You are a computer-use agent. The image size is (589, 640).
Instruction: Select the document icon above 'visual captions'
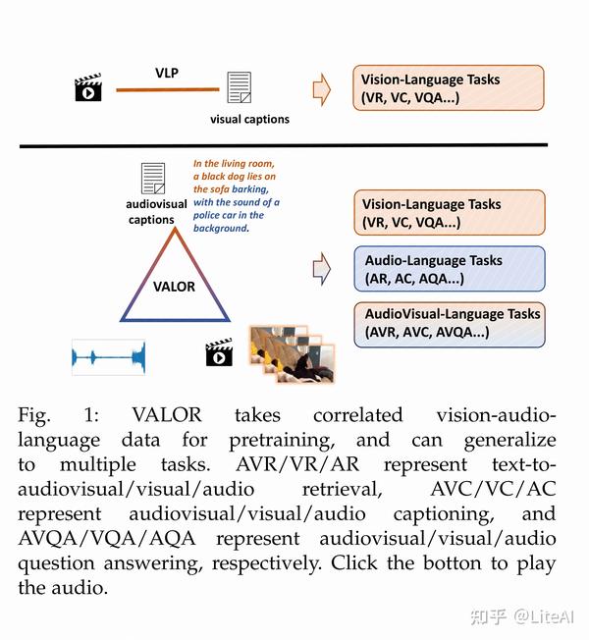tap(239, 90)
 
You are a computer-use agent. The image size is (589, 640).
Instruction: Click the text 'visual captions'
tap(249, 120)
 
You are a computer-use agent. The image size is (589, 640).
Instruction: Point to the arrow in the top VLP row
tap(321, 89)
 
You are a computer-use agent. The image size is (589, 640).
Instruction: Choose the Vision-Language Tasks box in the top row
tap(448, 88)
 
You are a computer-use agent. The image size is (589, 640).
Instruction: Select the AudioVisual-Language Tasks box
tap(448, 323)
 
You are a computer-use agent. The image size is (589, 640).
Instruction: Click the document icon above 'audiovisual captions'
tap(153, 179)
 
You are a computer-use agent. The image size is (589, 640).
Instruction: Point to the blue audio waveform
tap(108, 356)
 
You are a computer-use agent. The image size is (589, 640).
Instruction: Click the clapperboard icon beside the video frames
tap(219, 352)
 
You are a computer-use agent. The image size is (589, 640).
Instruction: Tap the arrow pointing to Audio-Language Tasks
tap(321, 267)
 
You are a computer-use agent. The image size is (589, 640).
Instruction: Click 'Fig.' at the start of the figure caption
tap(37, 416)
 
